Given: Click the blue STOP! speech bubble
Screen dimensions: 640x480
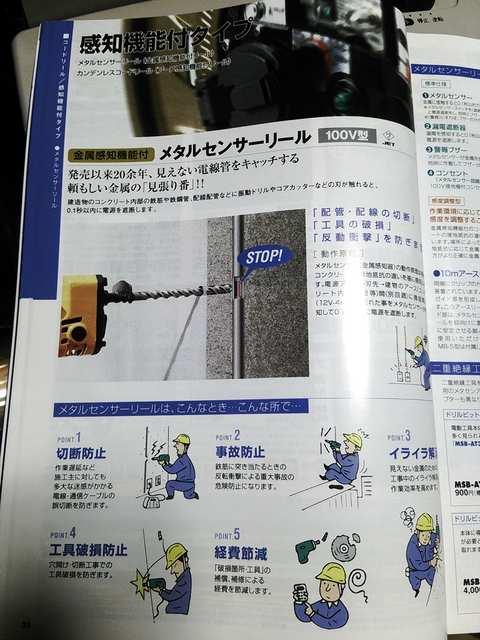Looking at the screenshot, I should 263,257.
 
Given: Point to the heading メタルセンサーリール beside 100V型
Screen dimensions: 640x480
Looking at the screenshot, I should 233,150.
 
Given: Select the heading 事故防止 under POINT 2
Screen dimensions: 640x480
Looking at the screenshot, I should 241,452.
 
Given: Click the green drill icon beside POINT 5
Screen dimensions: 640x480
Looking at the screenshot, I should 309,549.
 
